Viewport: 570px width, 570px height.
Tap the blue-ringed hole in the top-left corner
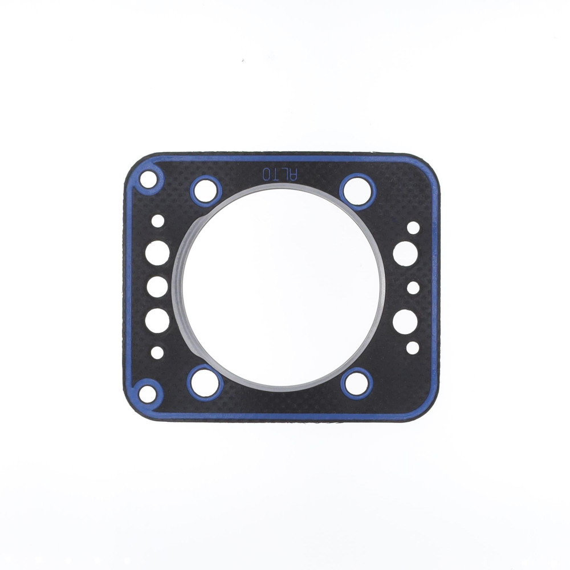(x=148, y=180)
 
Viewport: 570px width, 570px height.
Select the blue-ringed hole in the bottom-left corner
(x=147, y=393)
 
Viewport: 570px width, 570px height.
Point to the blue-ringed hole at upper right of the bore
(x=357, y=190)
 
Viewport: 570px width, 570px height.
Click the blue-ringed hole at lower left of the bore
(x=205, y=382)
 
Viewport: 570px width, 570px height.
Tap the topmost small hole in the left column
(x=158, y=221)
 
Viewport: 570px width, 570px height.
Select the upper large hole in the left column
(x=157, y=253)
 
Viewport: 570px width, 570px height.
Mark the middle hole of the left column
(x=157, y=287)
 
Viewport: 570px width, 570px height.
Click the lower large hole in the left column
(x=157, y=320)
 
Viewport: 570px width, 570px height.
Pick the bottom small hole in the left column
(x=157, y=353)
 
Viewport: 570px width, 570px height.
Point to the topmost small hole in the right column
(x=413, y=227)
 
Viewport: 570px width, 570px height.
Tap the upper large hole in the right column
(x=405, y=253)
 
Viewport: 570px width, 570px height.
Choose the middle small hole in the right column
(x=413, y=288)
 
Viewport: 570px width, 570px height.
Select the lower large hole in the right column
(x=405, y=321)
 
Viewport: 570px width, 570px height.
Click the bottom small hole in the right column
(x=413, y=348)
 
